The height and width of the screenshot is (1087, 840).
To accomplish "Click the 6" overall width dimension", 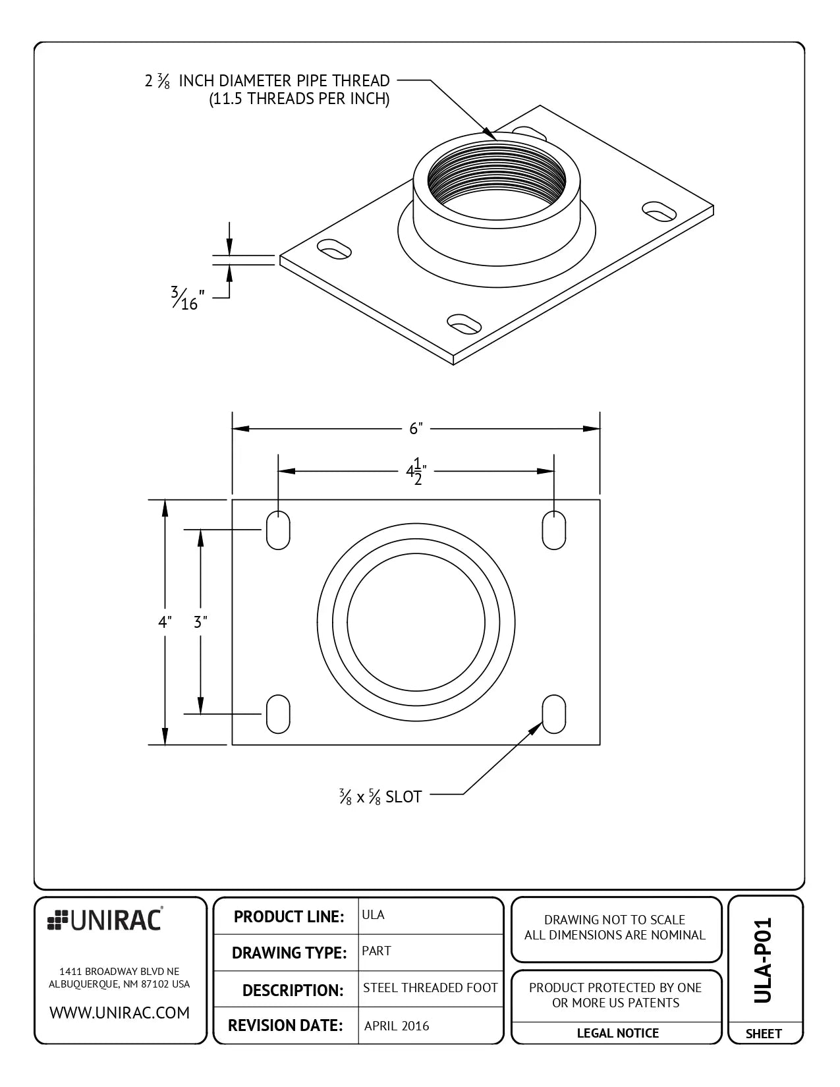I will (x=415, y=429).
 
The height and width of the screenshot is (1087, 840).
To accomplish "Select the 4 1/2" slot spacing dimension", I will (x=416, y=472).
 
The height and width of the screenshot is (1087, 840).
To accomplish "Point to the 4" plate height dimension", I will (x=165, y=622).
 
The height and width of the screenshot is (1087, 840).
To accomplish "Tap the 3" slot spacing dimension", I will (x=200, y=622).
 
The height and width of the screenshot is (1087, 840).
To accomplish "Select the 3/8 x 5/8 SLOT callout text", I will (x=380, y=797).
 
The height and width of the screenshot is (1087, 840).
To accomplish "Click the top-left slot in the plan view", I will (x=278, y=530).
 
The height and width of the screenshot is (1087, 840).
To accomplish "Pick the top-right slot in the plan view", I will (x=553, y=530).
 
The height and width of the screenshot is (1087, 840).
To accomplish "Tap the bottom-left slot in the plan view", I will (x=278, y=713).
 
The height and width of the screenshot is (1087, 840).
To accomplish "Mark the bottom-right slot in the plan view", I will (x=553, y=713).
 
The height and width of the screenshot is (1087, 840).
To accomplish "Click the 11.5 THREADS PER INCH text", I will (x=299, y=99).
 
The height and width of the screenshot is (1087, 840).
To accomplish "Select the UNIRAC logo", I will (x=105, y=920).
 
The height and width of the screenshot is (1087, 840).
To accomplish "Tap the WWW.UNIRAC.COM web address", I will (x=120, y=1013).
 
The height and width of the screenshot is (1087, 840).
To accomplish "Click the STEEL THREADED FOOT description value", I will (x=430, y=988).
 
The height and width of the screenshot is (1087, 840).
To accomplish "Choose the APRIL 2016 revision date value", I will (x=397, y=1026).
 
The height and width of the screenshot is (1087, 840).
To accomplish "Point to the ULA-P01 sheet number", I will (x=762, y=960).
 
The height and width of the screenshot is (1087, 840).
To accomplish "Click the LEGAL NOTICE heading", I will (x=617, y=1033).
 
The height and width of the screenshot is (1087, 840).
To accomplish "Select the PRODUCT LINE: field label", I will (x=289, y=916).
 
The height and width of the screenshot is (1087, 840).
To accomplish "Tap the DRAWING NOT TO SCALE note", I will (x=614, y=920).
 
